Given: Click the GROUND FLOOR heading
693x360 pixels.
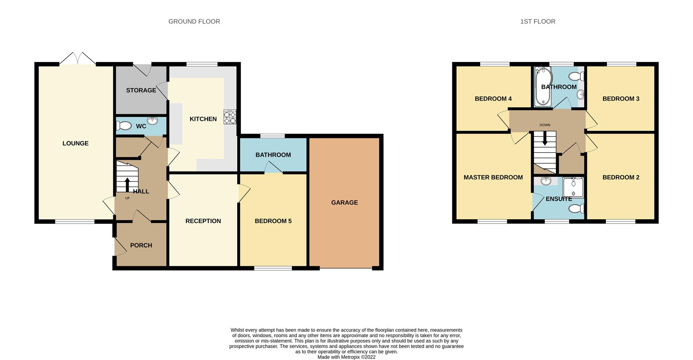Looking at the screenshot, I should pyautogui.click(x=194, y=22).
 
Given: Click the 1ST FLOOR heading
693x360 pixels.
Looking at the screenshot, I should pyautogui.click(x=537, y=22).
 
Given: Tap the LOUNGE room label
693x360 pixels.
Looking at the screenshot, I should pyautogui.click(x=75, y=143).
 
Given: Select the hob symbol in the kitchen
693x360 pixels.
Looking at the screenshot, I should pyautogui.click(x=230, y=117).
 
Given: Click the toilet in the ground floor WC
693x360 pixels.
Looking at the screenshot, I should pyautogui.click(x=123, y=126).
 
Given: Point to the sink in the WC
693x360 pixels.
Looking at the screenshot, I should pyautogui.click(x=152, y=121).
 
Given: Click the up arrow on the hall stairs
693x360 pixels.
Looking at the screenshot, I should pyautogui.click(x=127, y=184).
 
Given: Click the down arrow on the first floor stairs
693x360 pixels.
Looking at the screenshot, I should pyautogui.click(x=545, y=139).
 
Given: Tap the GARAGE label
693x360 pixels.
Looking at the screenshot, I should pyautogui.click(x=344, y=202).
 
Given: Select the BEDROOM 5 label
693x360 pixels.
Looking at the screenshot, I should pyautogui.click(x=273, y=221).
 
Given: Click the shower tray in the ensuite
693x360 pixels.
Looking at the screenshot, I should pyautogui.click(x=573, y=188).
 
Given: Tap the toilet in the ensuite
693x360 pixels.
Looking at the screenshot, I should pyautogui.click(x=576, y=208).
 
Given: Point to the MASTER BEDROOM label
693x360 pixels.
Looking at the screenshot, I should pyautogui.click(x=493, y=177).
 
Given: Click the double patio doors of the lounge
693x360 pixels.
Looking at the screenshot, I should pyautogui.click(x=78, y=59).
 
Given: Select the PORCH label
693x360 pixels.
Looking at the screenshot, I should pyautogui.click(x=141, y=245).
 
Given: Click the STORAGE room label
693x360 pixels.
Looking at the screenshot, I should pyautogui.click(x=141, y=90).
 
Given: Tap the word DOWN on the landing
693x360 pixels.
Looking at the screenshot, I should pyautogui.click(x=545, y=125).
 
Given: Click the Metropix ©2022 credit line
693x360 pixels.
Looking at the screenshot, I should pyautogui.click(x=346, y=357).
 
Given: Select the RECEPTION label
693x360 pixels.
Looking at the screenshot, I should pyautogui.click(x=203, y=221).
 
